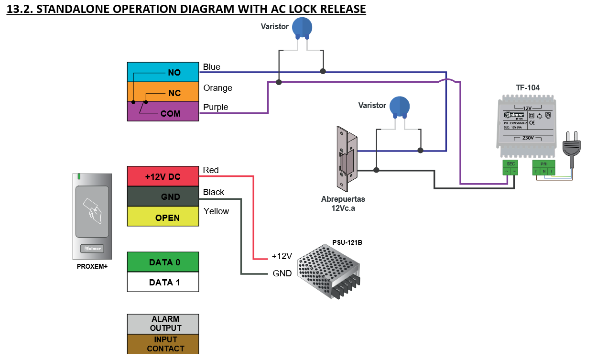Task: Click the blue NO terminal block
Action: pyautogui.click(x=163, y=72)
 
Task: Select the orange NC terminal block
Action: pyautogui.click(x=163, y=91)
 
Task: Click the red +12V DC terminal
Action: pyautogui.click(x=163, y=176)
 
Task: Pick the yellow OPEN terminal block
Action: pyautogui.click(x=163, y=217)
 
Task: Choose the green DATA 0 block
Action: pyautogui.click(x=163, y=262)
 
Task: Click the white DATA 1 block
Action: pyautogui.click(x=163, y=282)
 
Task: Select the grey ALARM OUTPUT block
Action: pyautogui.click(x=163, y=324)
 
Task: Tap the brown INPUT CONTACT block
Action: pyautogui.click(x=163, y=344)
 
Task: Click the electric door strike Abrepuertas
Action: pyautogui.click(x=347, y=157)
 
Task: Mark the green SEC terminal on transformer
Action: pyautogui.click(x=510, y=168)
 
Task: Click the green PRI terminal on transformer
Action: pyautogui.click(x=543, y=168)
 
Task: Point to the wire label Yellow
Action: pyautogui.click(x=216, y=211)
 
